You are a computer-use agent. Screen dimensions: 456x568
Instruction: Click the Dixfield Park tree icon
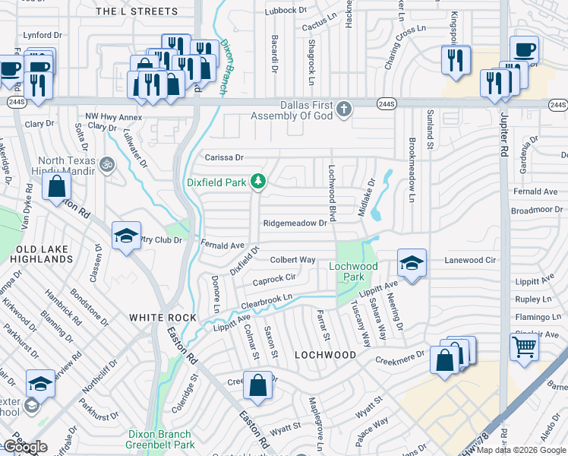(x=259, y=181)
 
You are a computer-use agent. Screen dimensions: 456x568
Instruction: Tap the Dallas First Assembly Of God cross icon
(x=344, y=109)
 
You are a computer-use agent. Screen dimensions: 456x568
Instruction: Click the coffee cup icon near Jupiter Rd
(x=524, y=50)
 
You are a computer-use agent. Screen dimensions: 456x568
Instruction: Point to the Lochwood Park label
(x=353, y=271)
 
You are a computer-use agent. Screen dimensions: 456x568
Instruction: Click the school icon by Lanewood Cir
(x=412, y=263)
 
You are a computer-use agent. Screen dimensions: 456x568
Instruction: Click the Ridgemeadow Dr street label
(x=295, y=223)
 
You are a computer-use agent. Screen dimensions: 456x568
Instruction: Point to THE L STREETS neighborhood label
(x=137, y=11)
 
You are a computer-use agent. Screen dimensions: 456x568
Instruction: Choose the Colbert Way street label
(x=292, y=260)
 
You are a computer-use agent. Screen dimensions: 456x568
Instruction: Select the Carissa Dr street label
(x=224, y=158)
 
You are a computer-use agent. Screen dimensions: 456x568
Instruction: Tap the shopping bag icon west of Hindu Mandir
(x=57, y=185)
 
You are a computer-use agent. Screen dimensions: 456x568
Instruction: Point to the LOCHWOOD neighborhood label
(x=325, y=355)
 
